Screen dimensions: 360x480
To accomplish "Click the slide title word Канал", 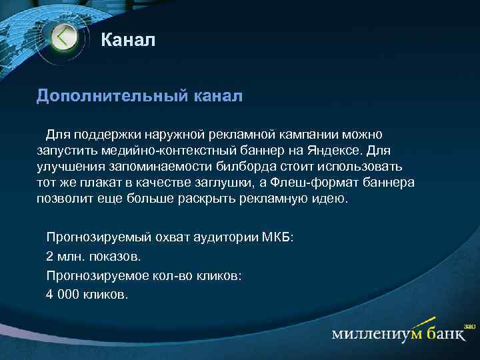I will pyautogui.click(x=128, y=41).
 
